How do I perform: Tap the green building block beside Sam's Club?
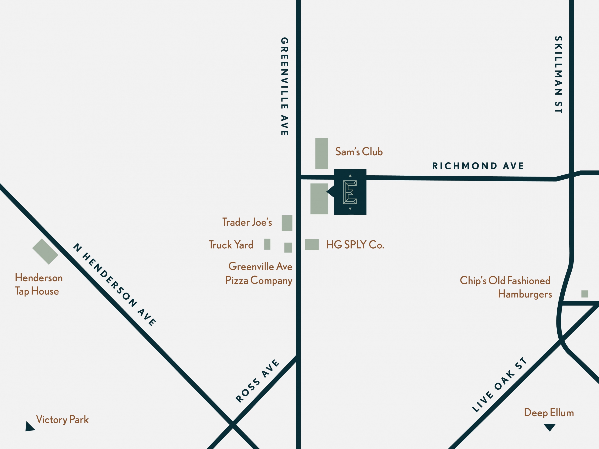[322, 153]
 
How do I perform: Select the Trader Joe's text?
[247, 222]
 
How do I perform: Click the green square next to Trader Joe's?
[287, 223]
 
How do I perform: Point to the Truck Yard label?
[231, 245]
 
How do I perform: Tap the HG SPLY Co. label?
[355, 245]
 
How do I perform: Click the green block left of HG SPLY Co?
[312, 244]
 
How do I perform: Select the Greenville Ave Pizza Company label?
[259, 273]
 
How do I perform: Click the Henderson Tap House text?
[38, 284]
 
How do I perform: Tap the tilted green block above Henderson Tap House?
[45, 251]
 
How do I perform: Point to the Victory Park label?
[62, 420]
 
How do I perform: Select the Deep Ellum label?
[549, 413]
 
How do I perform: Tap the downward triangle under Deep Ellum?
[550, 427]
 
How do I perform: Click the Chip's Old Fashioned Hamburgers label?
[505, 287]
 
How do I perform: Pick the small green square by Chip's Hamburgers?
[585, 294]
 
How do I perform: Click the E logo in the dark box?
[350, 192]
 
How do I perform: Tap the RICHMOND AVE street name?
[478, 166]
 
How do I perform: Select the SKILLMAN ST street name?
[558, 74]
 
